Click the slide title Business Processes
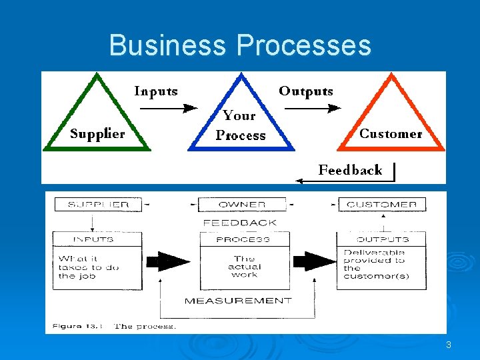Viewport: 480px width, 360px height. (x=240, y=45)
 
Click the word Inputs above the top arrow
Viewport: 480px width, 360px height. (x=156, y=91)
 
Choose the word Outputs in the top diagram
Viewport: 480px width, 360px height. (x=306, y=91)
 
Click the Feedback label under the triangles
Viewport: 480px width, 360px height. (x=350, y=170)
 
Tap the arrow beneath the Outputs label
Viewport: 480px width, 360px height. (x=313, y=107)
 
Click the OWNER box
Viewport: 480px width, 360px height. (x=241, y=205)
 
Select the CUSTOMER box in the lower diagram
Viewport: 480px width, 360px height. (x=382, y=205)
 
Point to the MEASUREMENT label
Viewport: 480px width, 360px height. (x=238, y=301)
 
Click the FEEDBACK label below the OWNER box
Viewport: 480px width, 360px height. (x=240, y=223)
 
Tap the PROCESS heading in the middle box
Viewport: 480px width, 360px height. (x=243, y=239)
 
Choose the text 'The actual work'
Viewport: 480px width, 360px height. (x=244, y=267)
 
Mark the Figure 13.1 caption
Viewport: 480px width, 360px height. (x=112, y=326)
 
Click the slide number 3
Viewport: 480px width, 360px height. (x=449, y=345)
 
